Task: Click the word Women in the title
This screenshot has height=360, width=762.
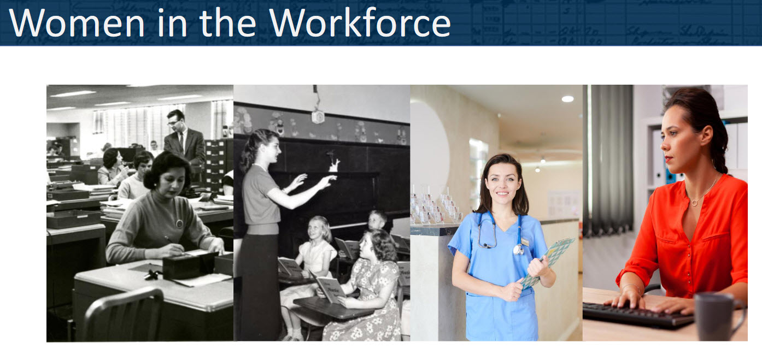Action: tap(77, 23)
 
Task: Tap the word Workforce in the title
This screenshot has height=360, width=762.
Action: tap(360, 22)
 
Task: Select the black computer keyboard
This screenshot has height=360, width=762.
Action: tap(638, 315)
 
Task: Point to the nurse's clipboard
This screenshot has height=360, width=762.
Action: tap(548, 262)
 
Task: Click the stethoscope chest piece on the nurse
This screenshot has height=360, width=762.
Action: tap(518, 250)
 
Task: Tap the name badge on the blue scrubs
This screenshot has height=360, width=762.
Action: tap(525, 241)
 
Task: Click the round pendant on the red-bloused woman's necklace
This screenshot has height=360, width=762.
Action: tap(694, 203)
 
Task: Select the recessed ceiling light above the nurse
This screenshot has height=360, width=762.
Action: tap(567, 99)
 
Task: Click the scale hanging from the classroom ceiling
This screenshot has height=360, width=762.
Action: tap(318, 116)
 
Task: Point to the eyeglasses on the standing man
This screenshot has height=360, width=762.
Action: tap(173, 122)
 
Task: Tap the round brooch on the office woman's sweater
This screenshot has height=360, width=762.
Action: tap(179, 223)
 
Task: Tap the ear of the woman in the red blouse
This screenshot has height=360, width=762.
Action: tap(707, 135)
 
